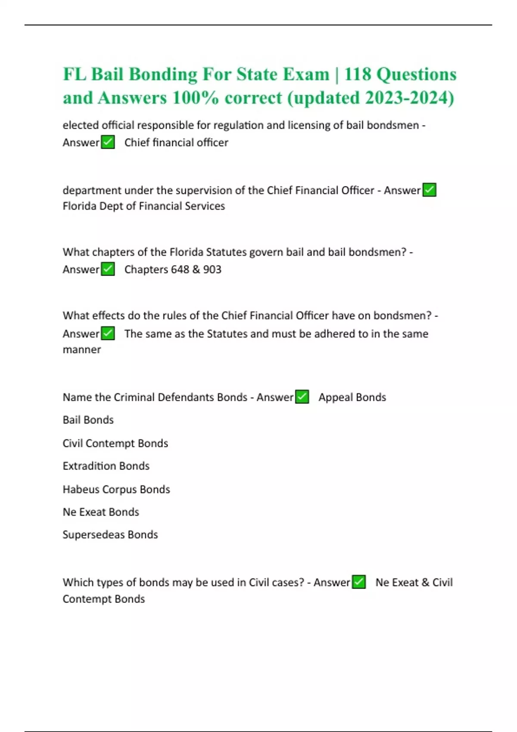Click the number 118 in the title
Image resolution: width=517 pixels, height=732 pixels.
(x=358, y=74)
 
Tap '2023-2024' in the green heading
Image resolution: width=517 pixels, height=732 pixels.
(x=409, y=98)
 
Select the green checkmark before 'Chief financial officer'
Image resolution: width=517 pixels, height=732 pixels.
(x=108, y=142)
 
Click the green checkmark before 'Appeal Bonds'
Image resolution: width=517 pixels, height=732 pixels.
(x=302, y=397)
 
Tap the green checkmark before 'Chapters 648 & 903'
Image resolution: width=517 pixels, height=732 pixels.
(x=108, y=269)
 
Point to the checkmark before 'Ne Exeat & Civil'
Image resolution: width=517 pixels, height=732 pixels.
(x=359, y=582)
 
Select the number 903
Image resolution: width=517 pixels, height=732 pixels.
(x=212, y=270)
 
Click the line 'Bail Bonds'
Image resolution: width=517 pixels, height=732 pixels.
(x=88, y=420)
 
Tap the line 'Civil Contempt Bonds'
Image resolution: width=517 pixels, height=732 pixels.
(x=115, y=443)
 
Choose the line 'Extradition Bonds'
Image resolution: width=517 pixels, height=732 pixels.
(x=106, y=466)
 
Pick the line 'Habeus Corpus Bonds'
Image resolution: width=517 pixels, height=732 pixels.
(x=116, y=489)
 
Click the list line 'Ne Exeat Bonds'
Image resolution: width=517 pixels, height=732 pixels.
(x=101, y=512)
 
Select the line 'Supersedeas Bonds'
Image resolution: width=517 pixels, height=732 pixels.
(x=110, y=534)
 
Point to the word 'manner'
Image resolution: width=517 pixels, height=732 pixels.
(x=82, y=350)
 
